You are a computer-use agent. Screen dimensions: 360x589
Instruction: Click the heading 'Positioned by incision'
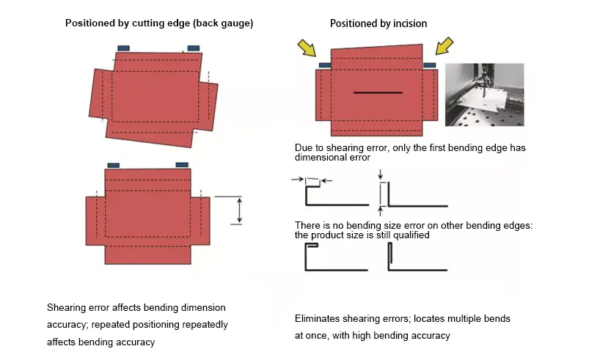click(x=378, y=23)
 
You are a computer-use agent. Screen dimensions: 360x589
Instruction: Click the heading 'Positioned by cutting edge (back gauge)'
click(x=159, y=23)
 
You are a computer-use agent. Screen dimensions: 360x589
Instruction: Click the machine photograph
click(x=485, y=94)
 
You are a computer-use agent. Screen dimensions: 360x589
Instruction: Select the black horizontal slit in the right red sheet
click(x=377, y=93)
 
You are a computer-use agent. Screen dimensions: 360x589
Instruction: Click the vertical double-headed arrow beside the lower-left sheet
click(x=238, y=210)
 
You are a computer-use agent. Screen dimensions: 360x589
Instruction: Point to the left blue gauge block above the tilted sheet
click(x=123, y=48)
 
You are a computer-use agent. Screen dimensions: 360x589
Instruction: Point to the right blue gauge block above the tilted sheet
click(x=194, y=48)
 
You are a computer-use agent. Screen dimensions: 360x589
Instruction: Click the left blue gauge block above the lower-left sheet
click(x=114, y=165)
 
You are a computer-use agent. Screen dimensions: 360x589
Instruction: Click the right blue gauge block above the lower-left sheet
click(x=182, y=165)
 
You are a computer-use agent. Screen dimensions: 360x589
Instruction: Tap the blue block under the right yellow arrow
click(x=429, y=65)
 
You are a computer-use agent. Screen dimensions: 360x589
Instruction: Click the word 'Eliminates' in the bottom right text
click(x=317, y=319)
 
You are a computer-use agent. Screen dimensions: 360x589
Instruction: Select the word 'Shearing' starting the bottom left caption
click(x=65, y=307)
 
